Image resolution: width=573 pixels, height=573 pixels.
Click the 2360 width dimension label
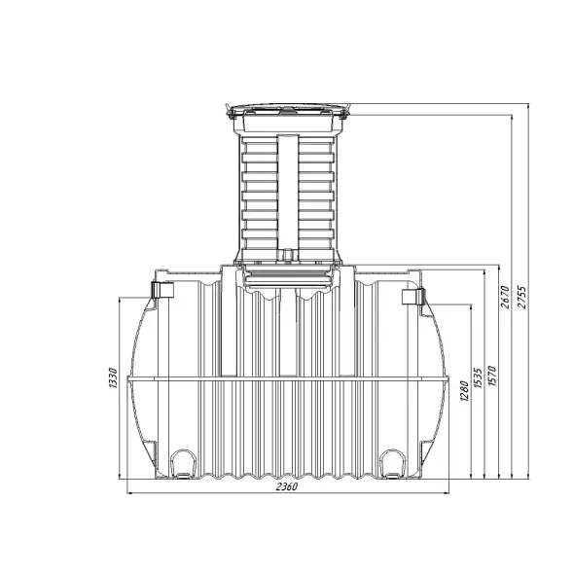point(287,486)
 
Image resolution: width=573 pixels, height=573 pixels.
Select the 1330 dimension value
point(113,377)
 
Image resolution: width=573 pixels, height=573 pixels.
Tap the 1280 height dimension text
point(464,391)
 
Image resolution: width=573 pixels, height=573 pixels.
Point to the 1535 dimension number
point(478,377)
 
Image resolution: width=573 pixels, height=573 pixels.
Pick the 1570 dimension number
point(492,376)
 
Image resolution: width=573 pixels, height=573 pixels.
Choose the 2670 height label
point(505,297)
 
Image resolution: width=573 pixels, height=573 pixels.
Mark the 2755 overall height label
point(522,297)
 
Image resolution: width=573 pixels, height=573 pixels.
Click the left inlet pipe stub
point(162,290)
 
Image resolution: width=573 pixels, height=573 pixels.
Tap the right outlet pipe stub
point(413,297)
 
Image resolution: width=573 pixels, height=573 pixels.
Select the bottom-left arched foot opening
point(183,463)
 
